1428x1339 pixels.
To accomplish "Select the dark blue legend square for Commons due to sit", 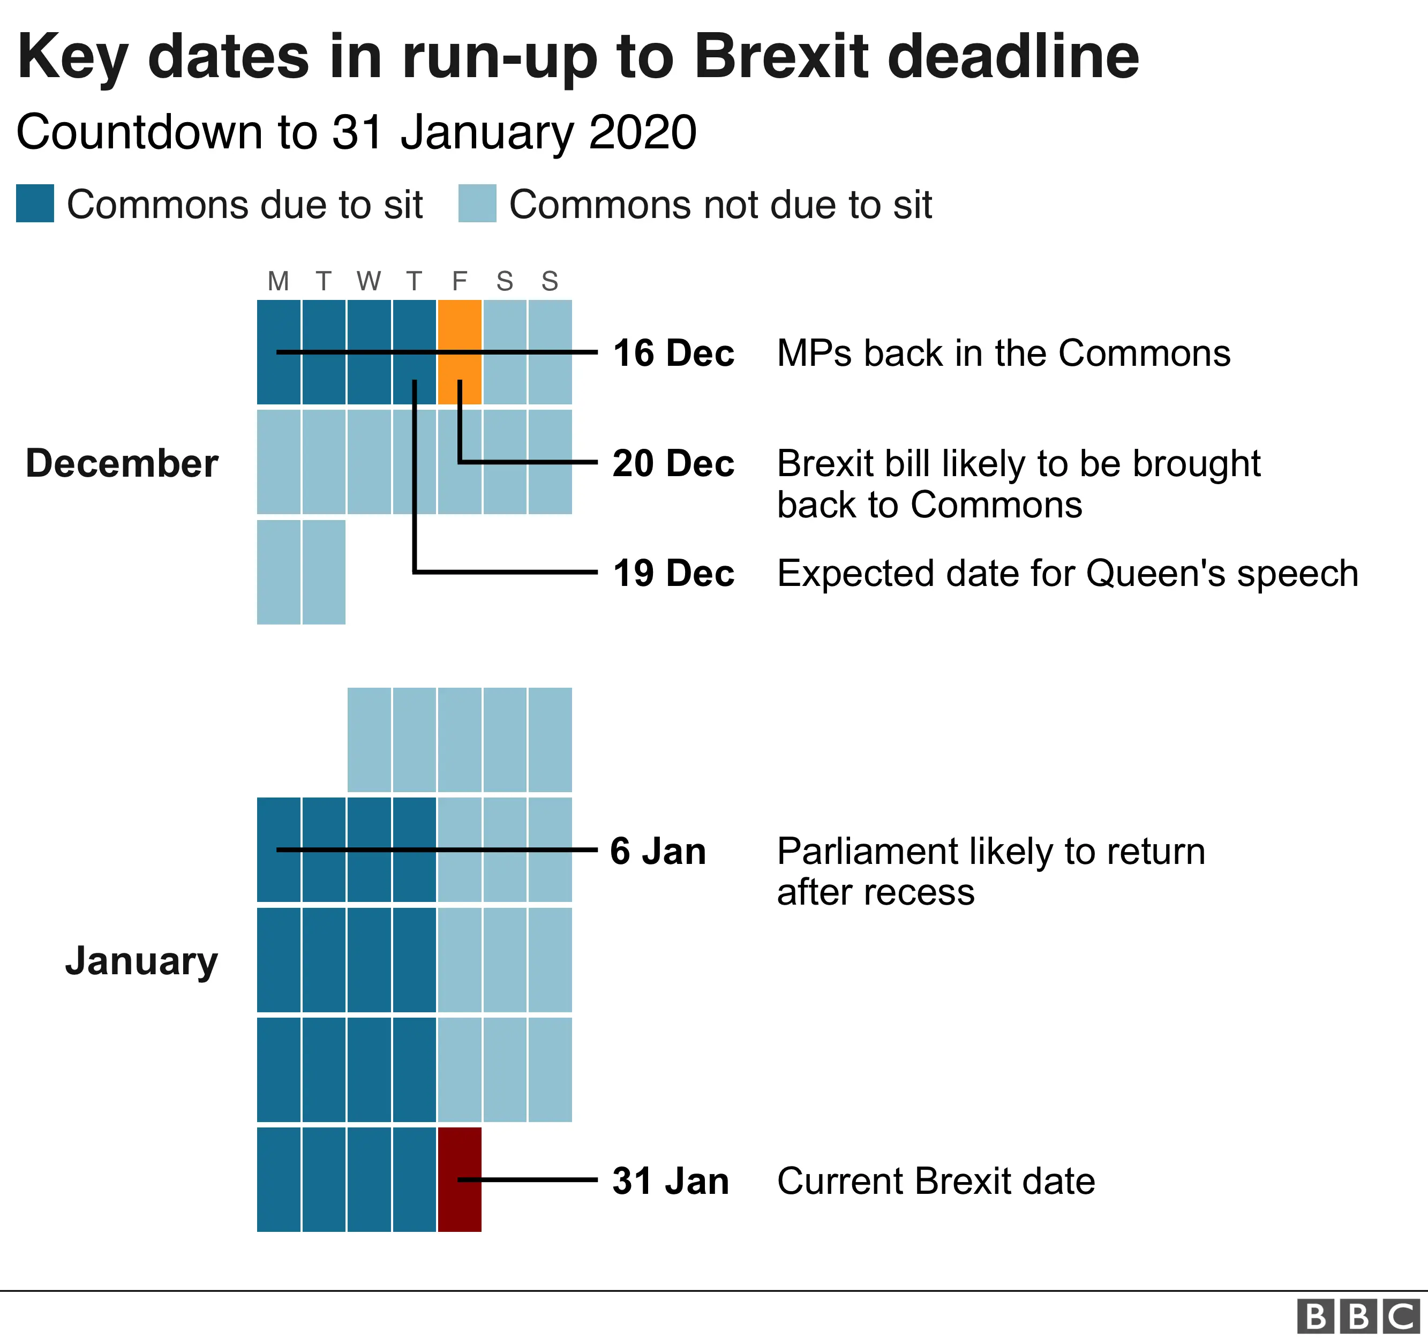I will coord(34,204).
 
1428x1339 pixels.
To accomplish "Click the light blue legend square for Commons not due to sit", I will coord(477,204).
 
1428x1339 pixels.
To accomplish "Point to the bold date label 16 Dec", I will coord(673,353).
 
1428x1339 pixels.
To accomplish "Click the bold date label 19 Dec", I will coord(673,573).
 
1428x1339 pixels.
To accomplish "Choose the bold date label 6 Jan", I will coord(657,851).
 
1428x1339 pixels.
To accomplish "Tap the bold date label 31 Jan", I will coord(670,1181).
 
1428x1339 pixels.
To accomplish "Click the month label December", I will coord(122,463).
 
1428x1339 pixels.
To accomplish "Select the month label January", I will coord(141,961).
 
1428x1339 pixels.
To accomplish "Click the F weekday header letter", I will coord(460,281).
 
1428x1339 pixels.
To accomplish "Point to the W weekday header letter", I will coord(369,281).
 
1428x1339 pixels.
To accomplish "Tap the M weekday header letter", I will coord(278,281).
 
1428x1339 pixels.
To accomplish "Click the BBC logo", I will coord(1358,1317).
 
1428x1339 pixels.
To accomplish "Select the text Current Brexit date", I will coord(935,1181).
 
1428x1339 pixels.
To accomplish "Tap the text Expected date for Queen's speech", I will coord(1068,573).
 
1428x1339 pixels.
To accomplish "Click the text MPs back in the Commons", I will coord(1003,353).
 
